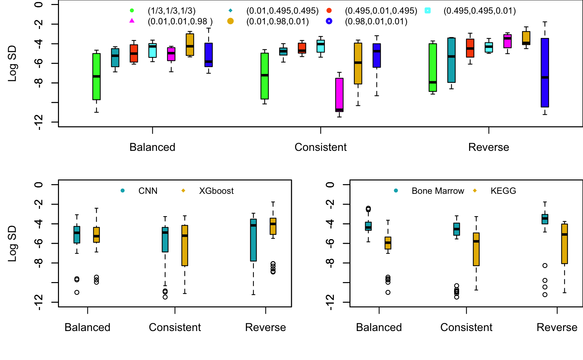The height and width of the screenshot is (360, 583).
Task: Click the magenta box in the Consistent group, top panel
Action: click(339, 95)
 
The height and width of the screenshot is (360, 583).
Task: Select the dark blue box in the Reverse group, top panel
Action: click(545, 73)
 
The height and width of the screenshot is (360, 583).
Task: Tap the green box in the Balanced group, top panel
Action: click(96, 77)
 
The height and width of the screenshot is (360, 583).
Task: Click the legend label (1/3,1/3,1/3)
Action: click(172, 11)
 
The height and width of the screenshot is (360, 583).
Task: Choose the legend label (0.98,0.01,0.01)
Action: click(376, 22)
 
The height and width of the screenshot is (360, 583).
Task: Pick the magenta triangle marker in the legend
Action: click(132, 21)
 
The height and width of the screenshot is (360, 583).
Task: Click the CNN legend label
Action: click(148, 191)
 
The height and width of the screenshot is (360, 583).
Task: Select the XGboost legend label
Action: click(216, 191)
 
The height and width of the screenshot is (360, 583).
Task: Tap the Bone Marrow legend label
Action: click(438, 191)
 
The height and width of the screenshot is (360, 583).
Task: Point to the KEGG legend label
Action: click(503, 191)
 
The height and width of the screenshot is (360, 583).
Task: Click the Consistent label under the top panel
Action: click(320, 147)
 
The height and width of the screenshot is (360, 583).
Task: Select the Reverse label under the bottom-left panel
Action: click(266, 327)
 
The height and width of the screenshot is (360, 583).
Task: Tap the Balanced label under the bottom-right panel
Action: click(379, 327)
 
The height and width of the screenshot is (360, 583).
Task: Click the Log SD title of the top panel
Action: click(12, 63)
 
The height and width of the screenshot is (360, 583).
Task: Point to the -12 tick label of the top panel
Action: click(39, 122)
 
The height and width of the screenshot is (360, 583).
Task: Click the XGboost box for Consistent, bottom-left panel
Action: click(185, 245)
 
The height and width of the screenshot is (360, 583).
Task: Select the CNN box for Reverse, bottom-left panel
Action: click(254, 240)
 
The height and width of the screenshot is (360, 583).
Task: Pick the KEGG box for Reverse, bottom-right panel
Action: click(564, 244)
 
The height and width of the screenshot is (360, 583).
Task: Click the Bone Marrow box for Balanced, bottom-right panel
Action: click(368, 226)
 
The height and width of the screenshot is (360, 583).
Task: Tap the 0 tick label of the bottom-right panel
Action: click(330, 184)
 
